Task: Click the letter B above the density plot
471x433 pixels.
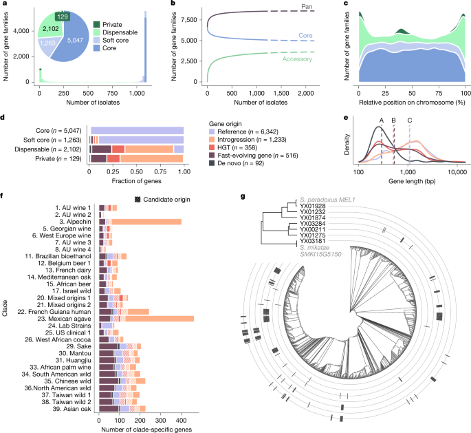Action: click(x=393, y=120)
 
